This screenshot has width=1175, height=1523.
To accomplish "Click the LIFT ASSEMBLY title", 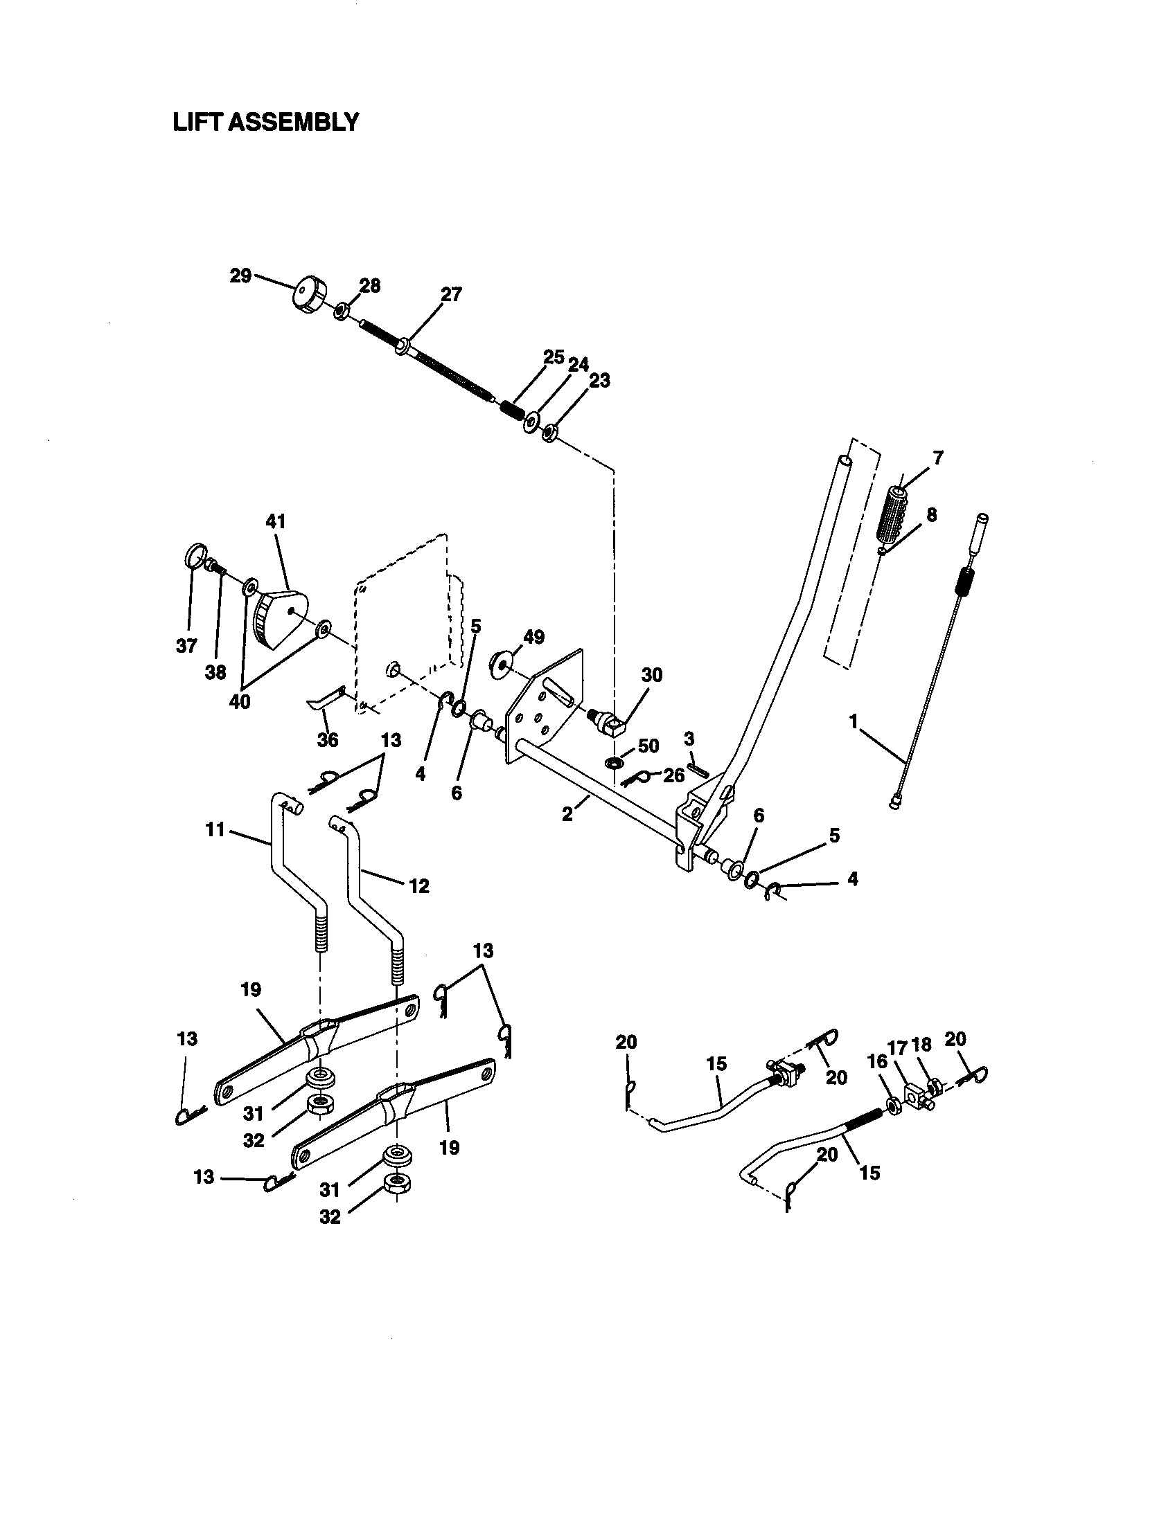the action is point(266,123).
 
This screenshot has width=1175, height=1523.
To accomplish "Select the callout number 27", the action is point(451,294).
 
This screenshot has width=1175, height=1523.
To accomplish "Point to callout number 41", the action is point(276,521).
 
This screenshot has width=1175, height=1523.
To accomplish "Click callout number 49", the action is point(533,637).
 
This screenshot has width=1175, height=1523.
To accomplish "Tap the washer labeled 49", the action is point(500,663).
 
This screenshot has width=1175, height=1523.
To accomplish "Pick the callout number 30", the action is point(652,674).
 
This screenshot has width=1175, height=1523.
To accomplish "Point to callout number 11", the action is point(215,830).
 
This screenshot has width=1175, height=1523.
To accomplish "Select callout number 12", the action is point(418,885).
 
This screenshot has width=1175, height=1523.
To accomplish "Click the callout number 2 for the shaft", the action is point(567,814).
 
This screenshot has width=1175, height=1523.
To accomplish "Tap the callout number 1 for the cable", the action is point(853,722).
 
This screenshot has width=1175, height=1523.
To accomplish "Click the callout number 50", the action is point(648,746).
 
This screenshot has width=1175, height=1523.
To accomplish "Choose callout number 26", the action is point(673,775).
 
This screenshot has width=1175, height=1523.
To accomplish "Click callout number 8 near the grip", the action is point(931,514).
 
